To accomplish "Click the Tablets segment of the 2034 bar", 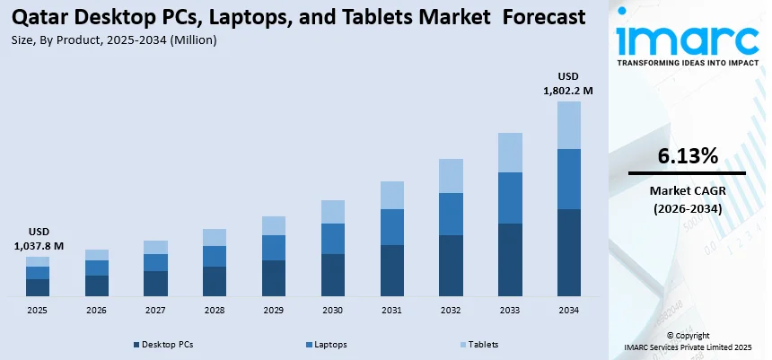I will (x=568, y=125).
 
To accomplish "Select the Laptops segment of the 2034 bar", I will (x=568, y=179).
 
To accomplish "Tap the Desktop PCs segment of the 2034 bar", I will (x=568, y=252).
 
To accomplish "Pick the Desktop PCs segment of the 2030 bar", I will (x=332, y=275).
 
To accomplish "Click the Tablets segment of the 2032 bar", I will (x=451, y=175).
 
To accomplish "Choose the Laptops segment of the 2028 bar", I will (x=215, y=256).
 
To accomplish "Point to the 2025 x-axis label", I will (x=37, y=310).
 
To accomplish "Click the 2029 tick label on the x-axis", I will (x=273, y=310).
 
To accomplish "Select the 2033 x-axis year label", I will (x=510, y=310).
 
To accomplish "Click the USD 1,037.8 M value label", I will (x=39, y=238).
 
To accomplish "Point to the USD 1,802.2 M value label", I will (x=568, y=83).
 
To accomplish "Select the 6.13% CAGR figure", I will (x=687, y=156).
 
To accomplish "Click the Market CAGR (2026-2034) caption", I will (x=687, y=199).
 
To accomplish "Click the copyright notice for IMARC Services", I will (x=689, y=341).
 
